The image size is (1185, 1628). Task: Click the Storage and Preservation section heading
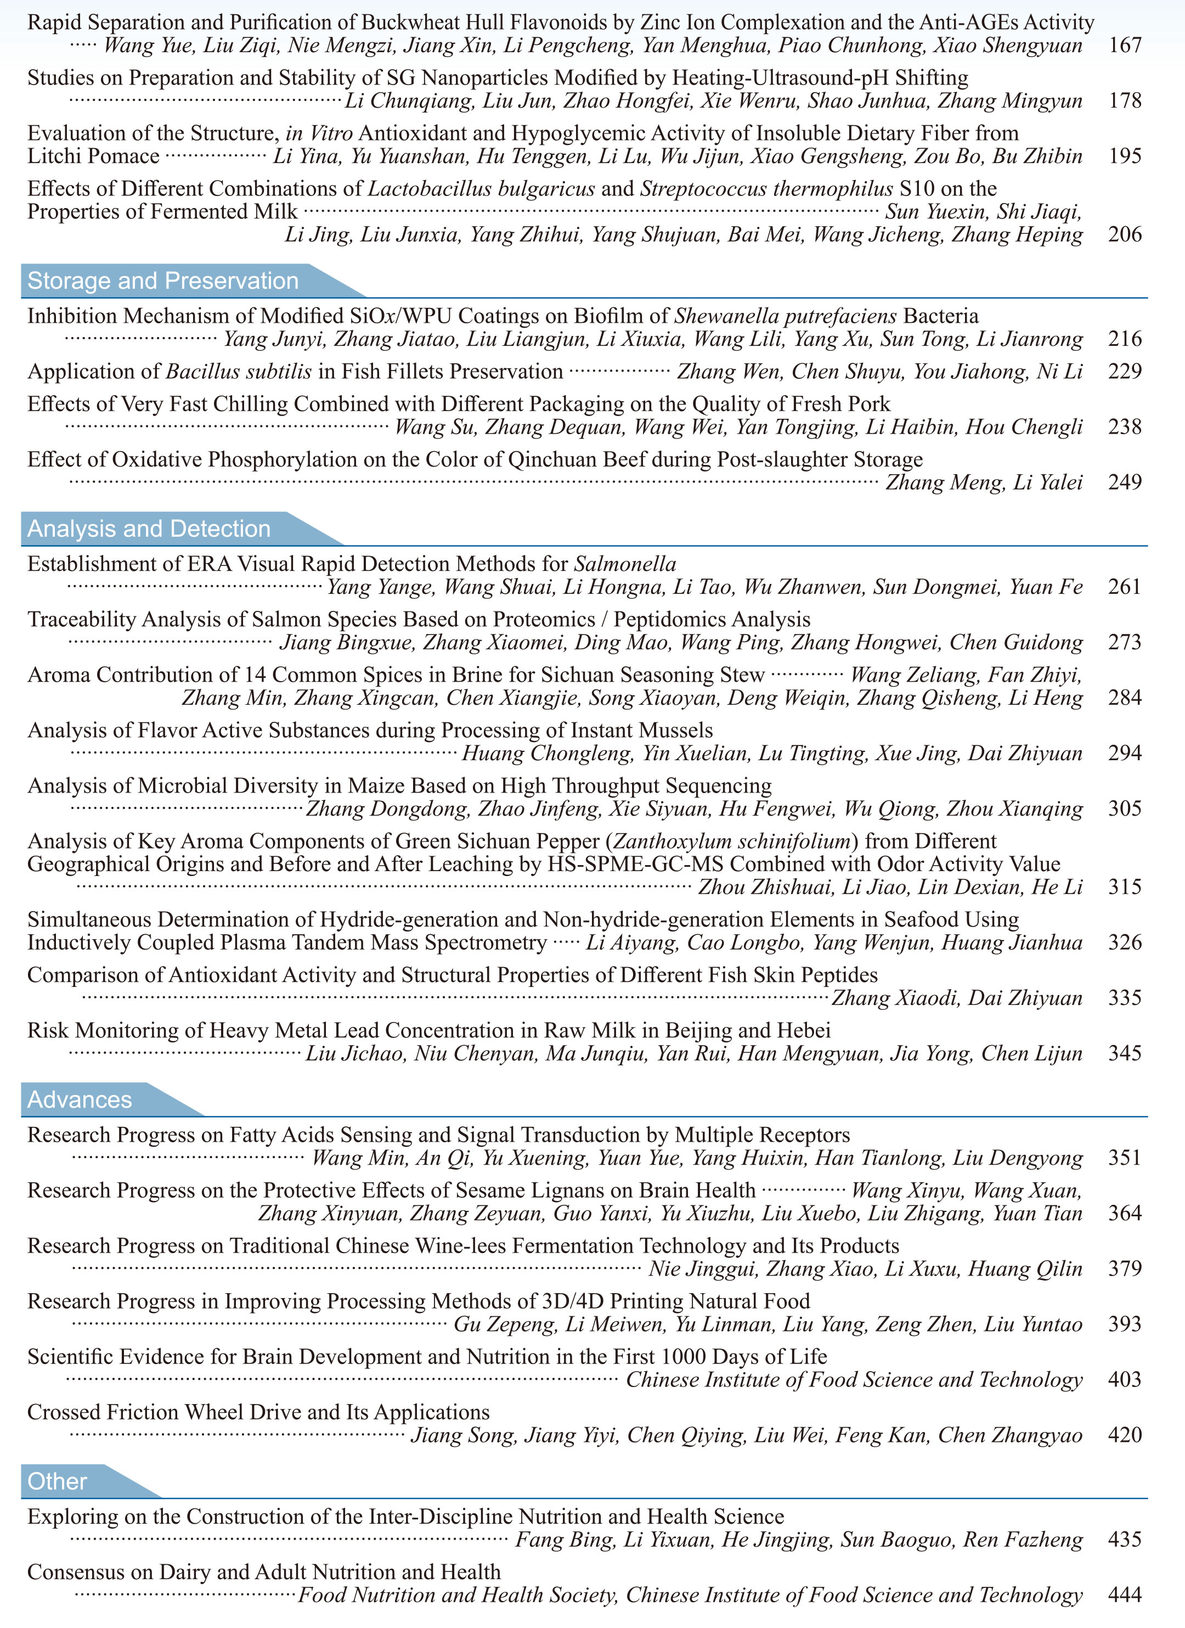tap(163, 280)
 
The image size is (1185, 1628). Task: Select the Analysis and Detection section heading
tap(149, 529)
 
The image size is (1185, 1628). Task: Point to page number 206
tap(1124, 235)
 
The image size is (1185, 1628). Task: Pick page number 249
tap(1124, 482)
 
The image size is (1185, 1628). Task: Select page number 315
tap(1124, 887)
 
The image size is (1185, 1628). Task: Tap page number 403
tap(1124, 1380)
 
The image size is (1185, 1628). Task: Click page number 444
tap(1124, 1595)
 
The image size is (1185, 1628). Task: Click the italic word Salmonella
tap(625, 564)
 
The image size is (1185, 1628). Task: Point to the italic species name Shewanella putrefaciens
tap(786, 317)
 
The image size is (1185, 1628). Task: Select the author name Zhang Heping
tap(1017, 235)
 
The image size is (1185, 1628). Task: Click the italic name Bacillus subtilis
tap(239, 372)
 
